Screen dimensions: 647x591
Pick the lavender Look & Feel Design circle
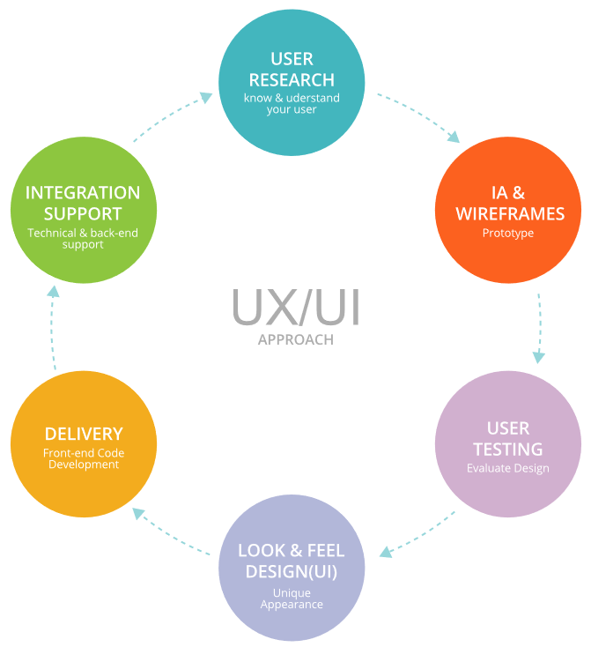pos(292,568)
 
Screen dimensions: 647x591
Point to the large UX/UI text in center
pos(296,307)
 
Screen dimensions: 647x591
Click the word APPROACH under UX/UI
pos(296,339)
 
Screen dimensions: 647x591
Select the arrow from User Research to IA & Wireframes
pos(419,115)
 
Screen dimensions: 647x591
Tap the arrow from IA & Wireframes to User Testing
pos(539,326)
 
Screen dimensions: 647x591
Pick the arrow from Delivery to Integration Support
pos(53,326)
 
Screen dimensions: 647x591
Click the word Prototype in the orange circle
pos(508,234)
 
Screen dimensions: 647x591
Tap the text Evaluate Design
pos(508,468)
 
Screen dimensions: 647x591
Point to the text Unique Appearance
pos(292,599)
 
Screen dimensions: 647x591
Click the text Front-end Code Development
pos(84,458)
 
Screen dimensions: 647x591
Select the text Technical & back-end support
pos(83,239)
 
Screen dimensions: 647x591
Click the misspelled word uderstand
pos(307,98)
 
